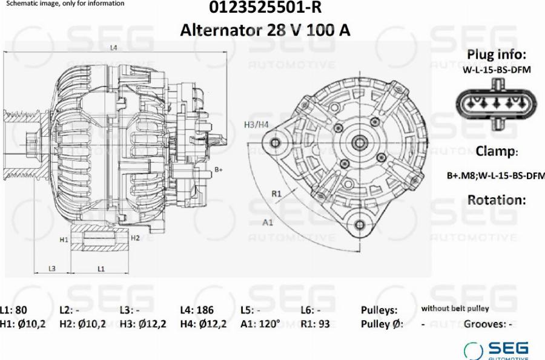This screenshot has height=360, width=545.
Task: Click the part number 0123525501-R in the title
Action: (x=265, y=7)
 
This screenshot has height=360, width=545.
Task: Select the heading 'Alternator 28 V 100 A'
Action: (x=265, y=30)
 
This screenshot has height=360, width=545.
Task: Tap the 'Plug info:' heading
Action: (x=497, y=54)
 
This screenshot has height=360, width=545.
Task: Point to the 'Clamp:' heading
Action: (x=497, y=151)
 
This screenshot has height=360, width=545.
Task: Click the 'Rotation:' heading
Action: (x=497, y=200)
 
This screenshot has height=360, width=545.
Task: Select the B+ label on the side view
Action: (x=218, y=169)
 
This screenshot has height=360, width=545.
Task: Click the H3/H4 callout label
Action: (x=256, y=125)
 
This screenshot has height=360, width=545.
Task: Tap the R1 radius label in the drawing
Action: (x=276, y=194)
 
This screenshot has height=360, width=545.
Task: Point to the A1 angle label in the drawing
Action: (x=267, y=223)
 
